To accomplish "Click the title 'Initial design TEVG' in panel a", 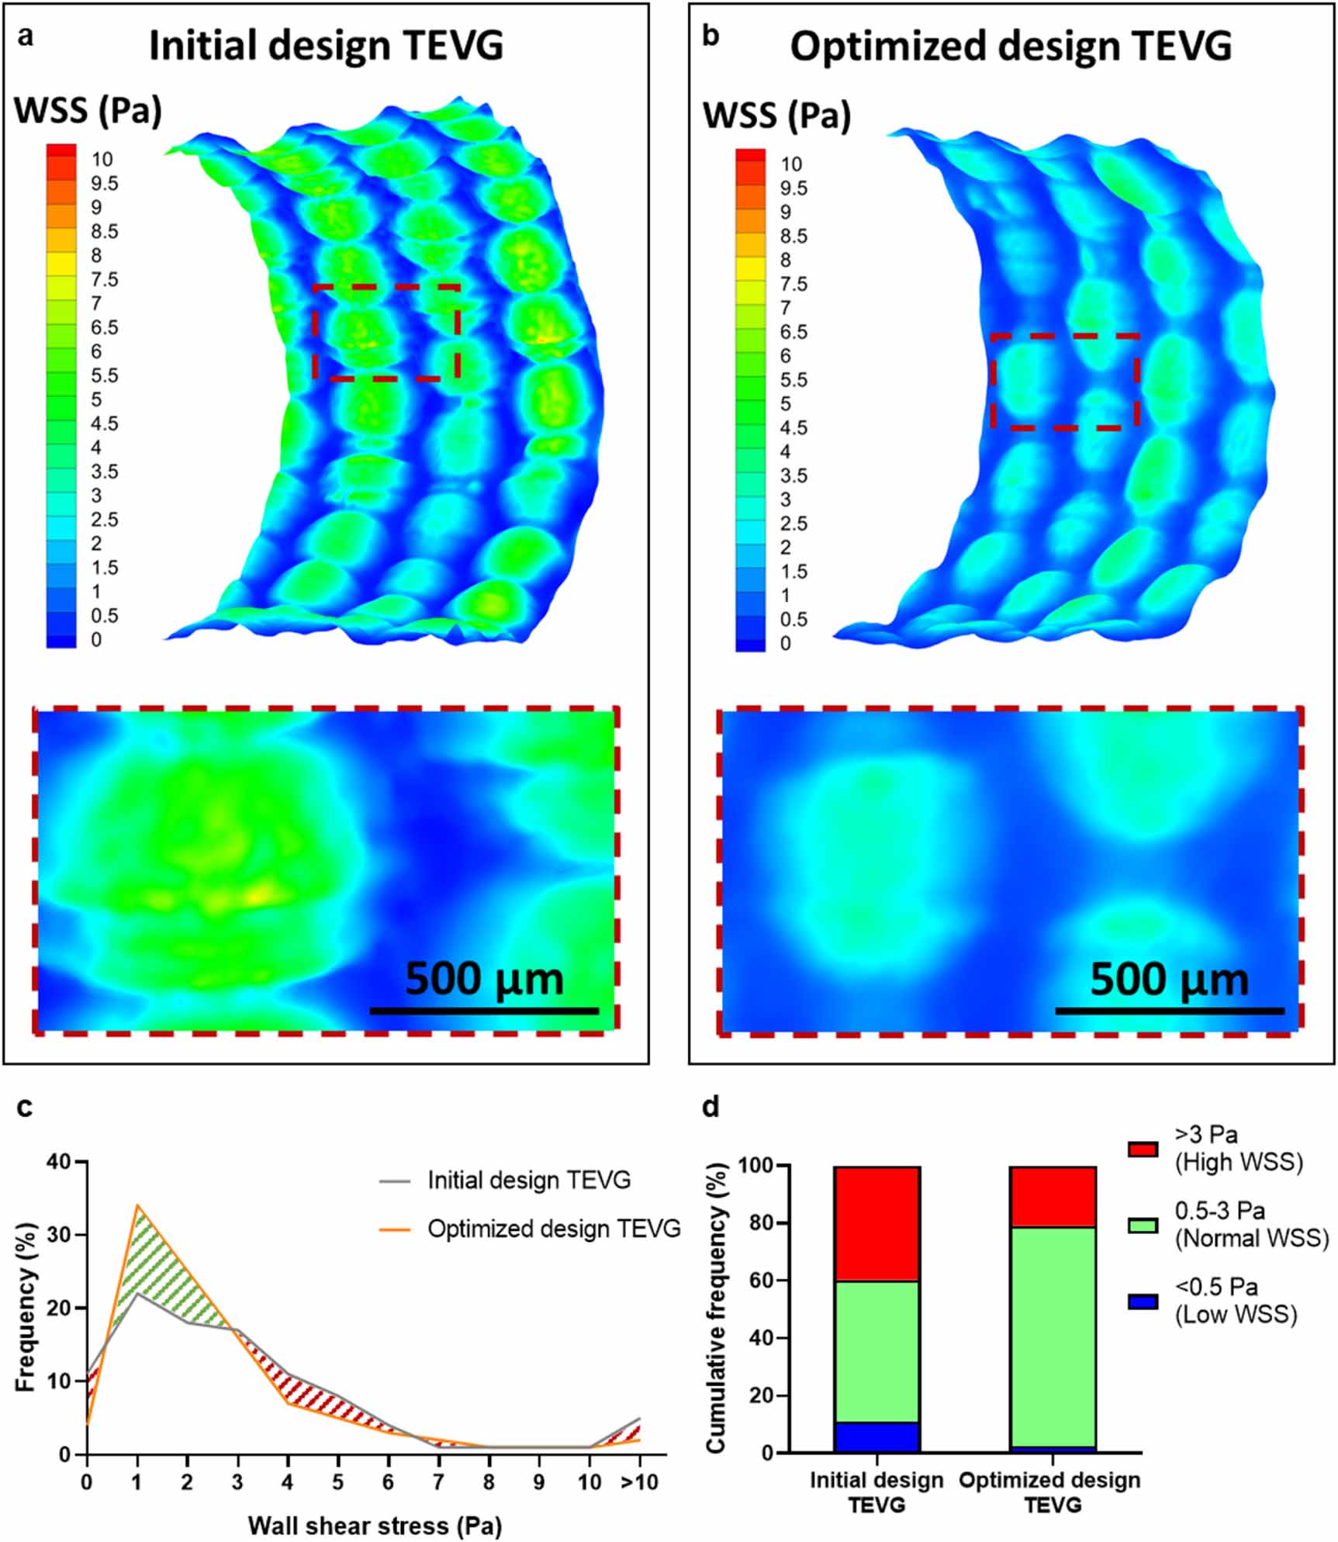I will click(x=326, y=45).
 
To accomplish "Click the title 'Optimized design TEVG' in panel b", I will click(x=1011, y=47).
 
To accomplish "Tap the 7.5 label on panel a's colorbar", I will click(x=104, y=279).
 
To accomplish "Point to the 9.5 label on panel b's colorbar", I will click(x=793, y=188).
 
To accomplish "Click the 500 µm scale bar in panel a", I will click(x=484, y=1011).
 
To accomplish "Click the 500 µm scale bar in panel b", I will click(x=1169, y=1011).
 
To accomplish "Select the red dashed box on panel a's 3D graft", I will click(x=387, y=287).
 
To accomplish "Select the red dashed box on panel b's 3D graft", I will click(x=1065, y=337).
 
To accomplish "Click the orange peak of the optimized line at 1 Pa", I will click(x=137, y=1205).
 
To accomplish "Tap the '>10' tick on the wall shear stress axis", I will click(x=638, y=1482).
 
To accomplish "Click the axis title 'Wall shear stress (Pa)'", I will click(x=375, y=1526).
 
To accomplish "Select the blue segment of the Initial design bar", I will click(x=876, y=1437).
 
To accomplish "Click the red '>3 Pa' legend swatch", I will click(x=1143, y=1150).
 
